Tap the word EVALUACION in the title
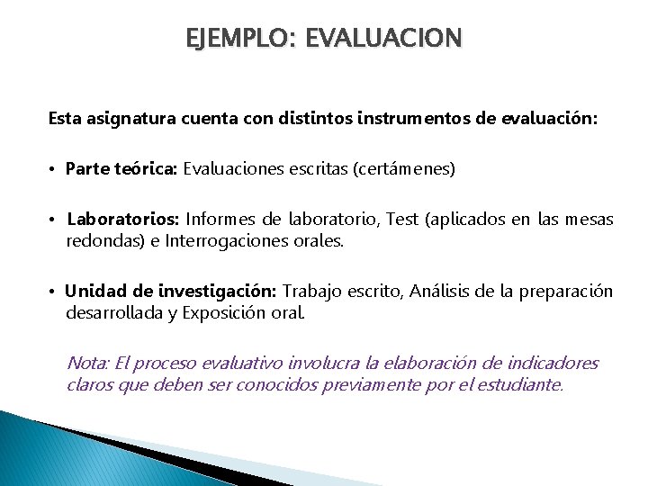[384, 39]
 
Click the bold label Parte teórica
[122, 168]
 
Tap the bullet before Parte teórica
[54, 169]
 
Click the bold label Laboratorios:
[123, 219]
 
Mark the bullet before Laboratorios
[54, 220]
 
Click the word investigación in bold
[218, 291]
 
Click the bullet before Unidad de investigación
[54, 292]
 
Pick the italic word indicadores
[551, 364]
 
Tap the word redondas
[100, 241]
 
